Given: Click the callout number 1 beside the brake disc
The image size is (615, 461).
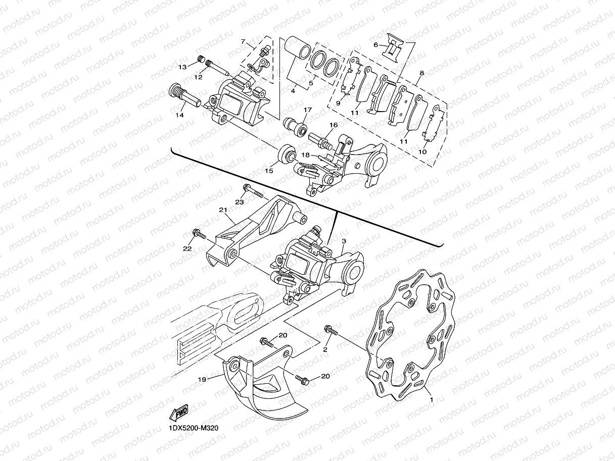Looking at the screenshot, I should (431, 399).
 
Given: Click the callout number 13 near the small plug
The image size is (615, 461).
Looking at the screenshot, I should (182, 67).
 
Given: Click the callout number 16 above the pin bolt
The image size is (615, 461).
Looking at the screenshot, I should (333, 125).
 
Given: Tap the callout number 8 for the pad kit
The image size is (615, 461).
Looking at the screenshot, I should (421, 73).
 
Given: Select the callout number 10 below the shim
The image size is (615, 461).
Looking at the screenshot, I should (422, 151).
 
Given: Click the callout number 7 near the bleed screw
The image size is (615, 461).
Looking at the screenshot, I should (243, 41).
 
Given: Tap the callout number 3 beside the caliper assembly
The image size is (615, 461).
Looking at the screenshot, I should (343, 243).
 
